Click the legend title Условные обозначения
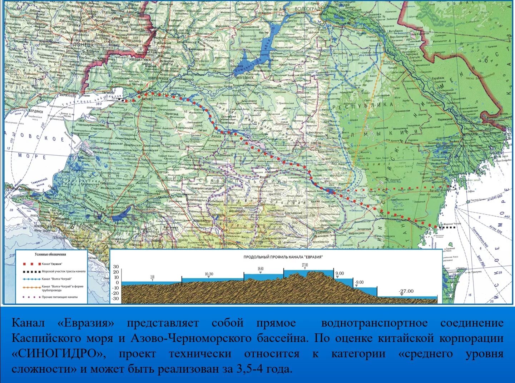(x=50, y=255)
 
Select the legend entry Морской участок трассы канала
(x=64, y=271)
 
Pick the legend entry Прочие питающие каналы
(x=59, y=297)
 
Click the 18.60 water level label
(x=260, y=269)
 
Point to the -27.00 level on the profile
(x=406, y=291)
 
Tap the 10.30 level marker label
(x=209, y=274)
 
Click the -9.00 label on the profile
(x=359, y=282)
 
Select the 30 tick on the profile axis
(x=116, y=267)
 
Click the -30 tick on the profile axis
(x=115, y=298)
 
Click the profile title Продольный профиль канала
(x=283, y=257)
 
